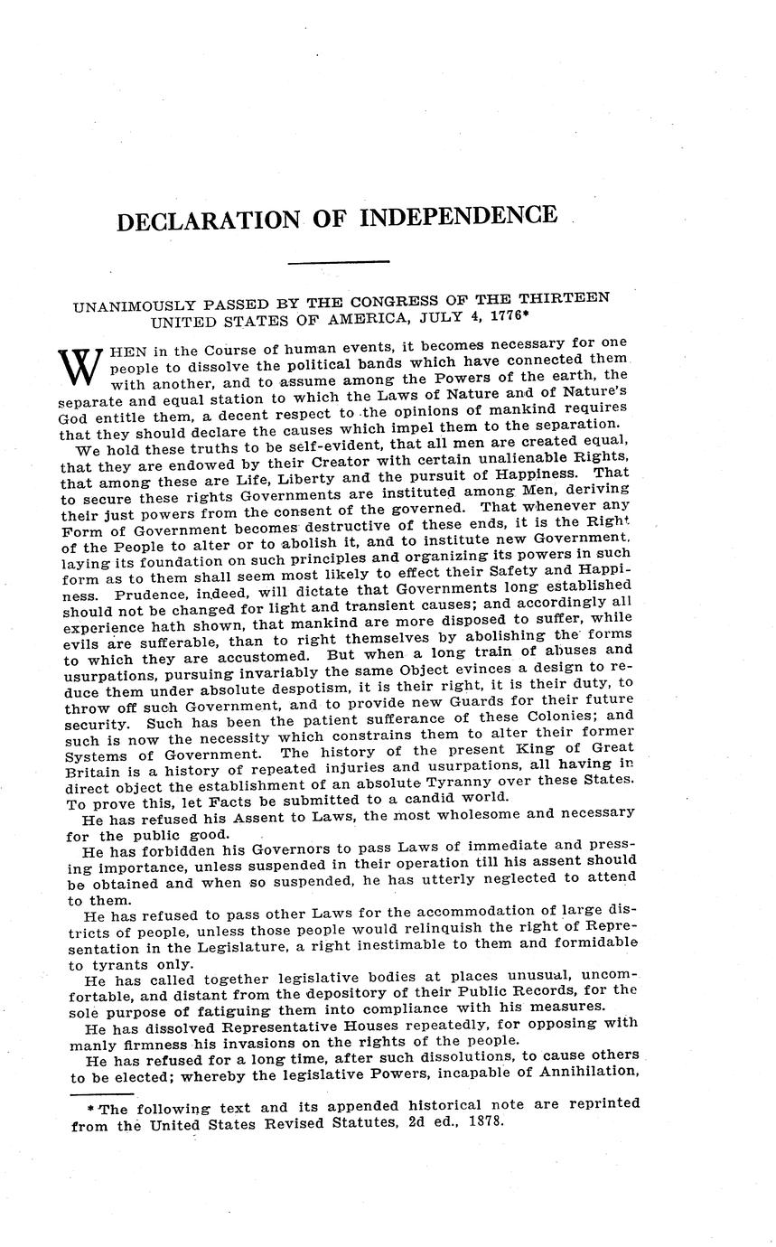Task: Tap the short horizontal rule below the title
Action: tap(338, 263)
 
